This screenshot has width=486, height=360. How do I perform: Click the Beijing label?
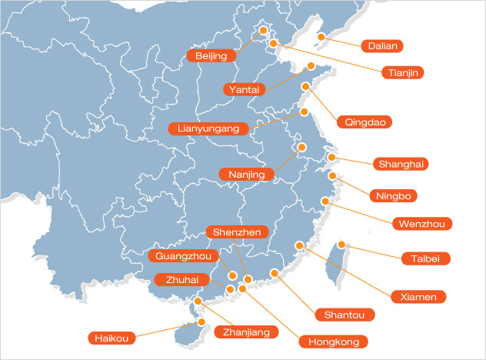[211, 56]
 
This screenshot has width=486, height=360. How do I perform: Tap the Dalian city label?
[383, 45]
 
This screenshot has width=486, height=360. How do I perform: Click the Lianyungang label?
[209, 128]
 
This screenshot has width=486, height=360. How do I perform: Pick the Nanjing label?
[246, 175]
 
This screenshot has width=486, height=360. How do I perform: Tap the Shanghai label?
[400, 163]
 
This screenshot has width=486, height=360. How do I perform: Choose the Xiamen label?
[418, 296]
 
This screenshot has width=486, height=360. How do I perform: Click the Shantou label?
[345, 314]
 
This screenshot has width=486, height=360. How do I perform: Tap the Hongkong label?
[333, 341]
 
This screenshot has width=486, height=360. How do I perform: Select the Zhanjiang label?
[246, 332]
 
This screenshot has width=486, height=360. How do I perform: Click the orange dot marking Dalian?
[322, 36]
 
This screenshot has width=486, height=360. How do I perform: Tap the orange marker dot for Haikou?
[196, 323]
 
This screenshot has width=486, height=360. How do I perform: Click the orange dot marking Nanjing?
[301, 147]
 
